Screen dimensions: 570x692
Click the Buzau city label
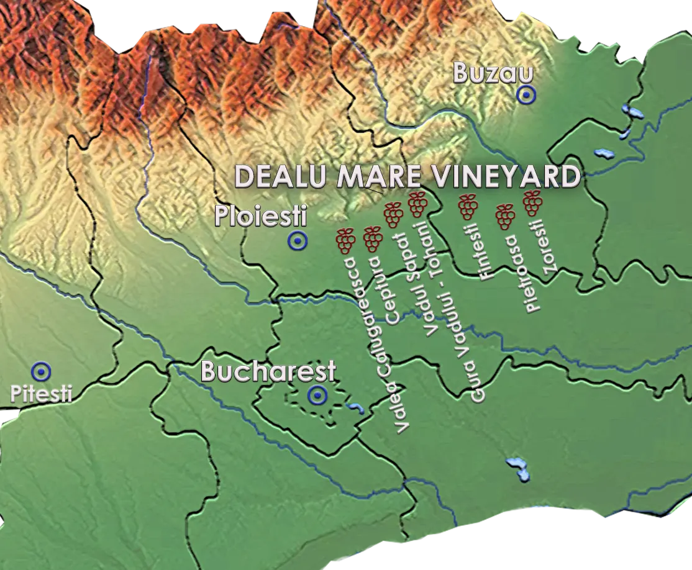click(493, 73)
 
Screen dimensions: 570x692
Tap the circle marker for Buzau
click(526, 95)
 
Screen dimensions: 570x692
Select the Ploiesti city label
click(261, 217)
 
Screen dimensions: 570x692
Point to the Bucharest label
click(268, 372)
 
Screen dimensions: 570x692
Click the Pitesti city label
click(41, 393)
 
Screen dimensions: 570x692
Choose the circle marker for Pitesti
click(42, 371)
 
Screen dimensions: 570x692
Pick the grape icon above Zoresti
click(533, 203)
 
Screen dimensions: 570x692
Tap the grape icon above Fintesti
click(468, 206)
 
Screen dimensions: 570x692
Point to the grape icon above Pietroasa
click(506, 216)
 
